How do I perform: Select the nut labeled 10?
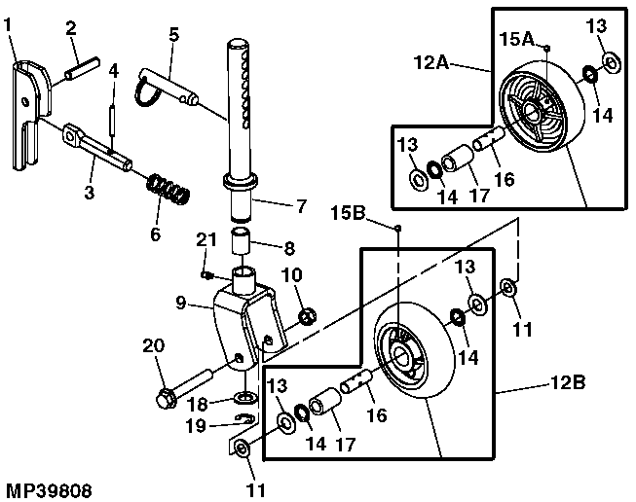pos(304,315)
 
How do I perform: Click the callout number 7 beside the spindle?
pos(300,206)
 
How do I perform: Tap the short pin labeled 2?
pos(80,72)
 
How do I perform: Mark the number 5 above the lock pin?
pos(173,34)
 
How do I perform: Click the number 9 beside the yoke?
pos(180,303)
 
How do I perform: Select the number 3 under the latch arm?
pos(89,191)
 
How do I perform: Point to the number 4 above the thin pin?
pos(113,70)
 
